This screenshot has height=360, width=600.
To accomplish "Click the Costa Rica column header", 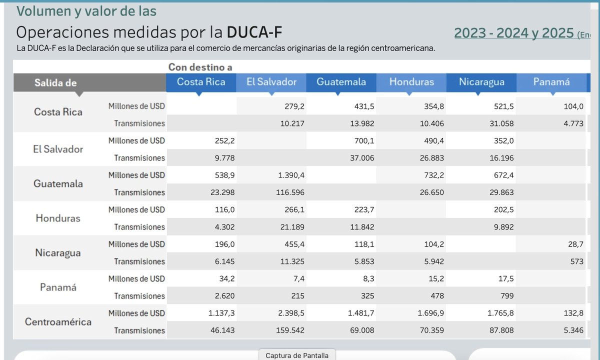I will [x=201, y=82].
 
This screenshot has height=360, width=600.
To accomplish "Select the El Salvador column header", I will [x=271, y=82].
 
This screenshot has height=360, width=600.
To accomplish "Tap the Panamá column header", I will [x=551, y=82].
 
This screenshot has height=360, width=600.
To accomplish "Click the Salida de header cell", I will [x=55, y=83].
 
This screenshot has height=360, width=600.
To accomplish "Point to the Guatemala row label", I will [x=58, y=183].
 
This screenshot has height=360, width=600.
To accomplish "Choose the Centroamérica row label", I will [x=58, y=321].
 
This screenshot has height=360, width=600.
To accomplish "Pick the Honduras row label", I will [x=58, y=218].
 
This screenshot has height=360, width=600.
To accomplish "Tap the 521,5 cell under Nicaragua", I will [x=502, y=106].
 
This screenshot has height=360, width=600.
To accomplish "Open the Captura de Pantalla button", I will [x=297, y=355].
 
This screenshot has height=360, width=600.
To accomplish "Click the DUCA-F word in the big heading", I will [x=254, y=32].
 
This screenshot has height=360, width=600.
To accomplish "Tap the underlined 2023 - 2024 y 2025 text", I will [x=513, y=33].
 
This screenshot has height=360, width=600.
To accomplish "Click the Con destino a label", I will [x=200, y=67].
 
